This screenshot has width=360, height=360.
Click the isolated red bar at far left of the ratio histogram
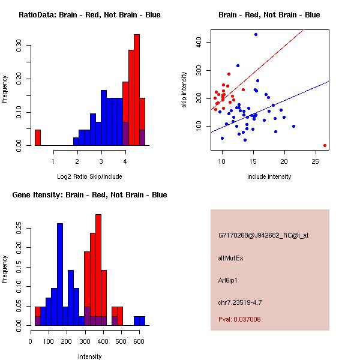[x=37, y=137]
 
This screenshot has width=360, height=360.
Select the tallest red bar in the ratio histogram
[x=136, y=90]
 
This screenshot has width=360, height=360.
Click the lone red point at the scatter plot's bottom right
[x=325, y=145]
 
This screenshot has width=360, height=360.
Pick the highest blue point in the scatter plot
[x=256, y=35]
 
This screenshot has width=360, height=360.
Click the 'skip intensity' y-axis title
[x=184, y=90]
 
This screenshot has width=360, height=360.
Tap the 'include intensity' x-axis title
[x=269, y=176]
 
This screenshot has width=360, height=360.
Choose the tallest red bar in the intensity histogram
[x=98, y=270]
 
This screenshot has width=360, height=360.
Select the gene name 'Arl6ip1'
[x=228, y=280]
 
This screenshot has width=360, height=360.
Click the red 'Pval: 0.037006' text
[x=239, y=319]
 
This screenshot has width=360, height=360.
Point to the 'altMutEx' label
[x=230, y=258]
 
